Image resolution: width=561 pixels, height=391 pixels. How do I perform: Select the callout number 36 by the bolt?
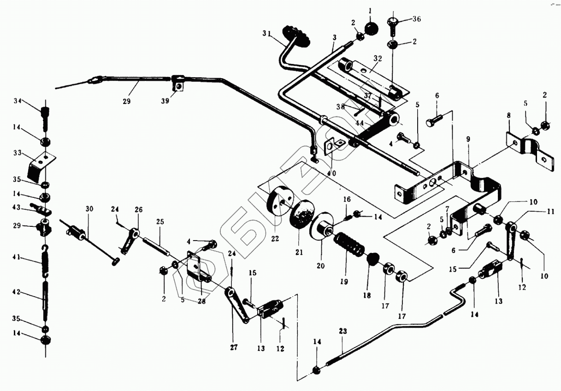416,19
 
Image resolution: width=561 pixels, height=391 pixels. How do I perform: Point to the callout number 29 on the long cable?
127,101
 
